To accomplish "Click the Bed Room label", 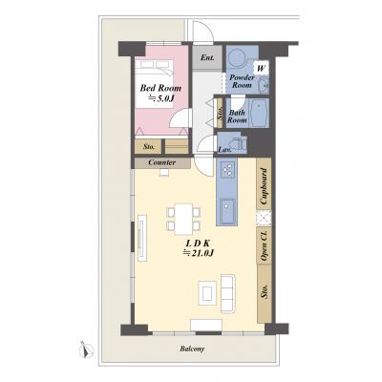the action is (160, 88).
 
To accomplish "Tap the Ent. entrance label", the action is (207, 57).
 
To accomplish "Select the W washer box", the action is (261, 68).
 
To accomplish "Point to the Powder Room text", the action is (242, 81).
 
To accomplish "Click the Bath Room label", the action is (237, 117).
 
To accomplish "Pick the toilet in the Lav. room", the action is (238, 143).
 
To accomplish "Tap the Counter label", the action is (162, 162).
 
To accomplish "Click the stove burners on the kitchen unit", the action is (228, 169).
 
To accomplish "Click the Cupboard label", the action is (264, 186).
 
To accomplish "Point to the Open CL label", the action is (264, 245).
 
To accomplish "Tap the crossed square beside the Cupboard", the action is (264, 218).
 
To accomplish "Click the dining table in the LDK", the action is (183, 219).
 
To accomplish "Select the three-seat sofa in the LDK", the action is (228, 293).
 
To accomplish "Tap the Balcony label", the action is (192, 349).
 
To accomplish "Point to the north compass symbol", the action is (86, 350).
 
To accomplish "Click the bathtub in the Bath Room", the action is (260, 113).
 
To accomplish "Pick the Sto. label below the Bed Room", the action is (149, 147).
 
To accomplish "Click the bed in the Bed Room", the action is (155, 84).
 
